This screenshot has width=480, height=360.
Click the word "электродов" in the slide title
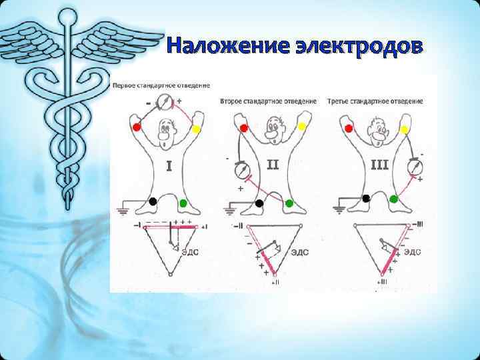357,46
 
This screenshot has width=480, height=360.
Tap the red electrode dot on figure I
137,127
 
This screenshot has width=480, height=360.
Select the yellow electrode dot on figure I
196,129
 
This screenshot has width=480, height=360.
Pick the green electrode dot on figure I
183,202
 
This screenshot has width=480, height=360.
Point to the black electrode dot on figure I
153,201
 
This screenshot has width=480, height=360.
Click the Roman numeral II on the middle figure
272,163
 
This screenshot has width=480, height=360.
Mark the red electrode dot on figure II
244,127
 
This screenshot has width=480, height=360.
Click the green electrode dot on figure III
394,199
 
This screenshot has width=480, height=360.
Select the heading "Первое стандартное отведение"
161,85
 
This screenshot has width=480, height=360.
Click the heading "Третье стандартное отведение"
375,101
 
